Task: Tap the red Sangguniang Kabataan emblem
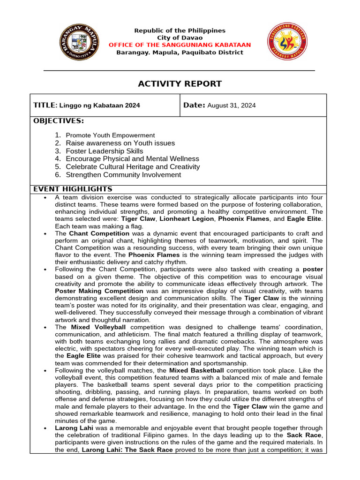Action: (288, 41)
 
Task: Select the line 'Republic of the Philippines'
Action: (180, 30)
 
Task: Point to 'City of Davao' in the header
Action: (180, 37)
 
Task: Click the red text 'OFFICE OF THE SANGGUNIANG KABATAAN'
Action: (180, 45)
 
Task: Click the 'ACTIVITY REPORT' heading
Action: (173, 84)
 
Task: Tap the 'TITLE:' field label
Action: (45, 105)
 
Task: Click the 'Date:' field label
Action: (194, 105)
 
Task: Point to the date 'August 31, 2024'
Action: (232, 106)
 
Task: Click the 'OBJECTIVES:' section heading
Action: (59, 121)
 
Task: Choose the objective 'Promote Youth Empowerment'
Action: (110, 135)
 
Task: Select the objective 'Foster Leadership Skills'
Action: (105, 151)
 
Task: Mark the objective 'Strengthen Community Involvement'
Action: (123, 175)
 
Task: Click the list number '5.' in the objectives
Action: (58, 167)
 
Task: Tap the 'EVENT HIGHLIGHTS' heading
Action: (73, 189)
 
